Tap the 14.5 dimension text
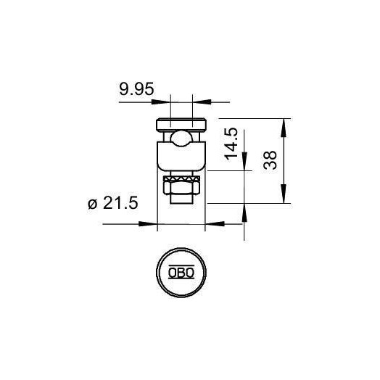[231, 144]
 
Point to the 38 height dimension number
[270, 160]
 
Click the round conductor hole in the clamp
[181, 139]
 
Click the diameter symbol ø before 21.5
[92, 205]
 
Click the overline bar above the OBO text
[181, 267]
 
